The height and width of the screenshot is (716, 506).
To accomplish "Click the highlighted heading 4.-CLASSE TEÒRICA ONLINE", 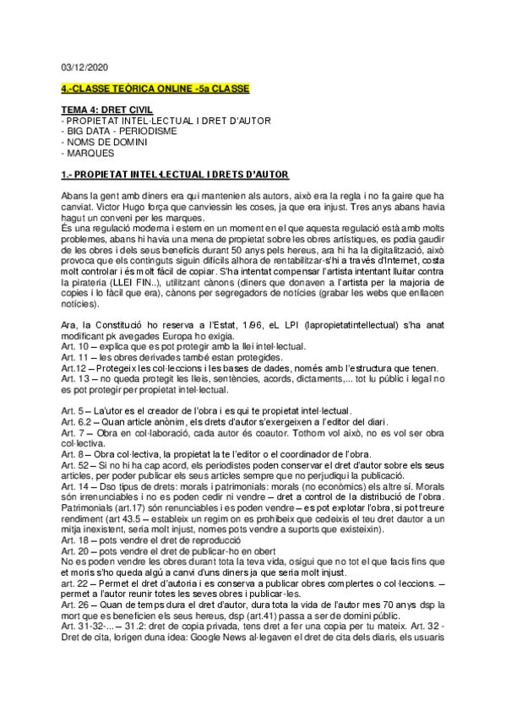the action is (155, 89).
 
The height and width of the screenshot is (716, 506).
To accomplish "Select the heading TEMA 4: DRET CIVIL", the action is (106, 111).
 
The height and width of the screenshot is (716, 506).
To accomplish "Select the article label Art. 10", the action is (74, 347).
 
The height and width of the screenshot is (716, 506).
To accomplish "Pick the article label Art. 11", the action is (74, 357).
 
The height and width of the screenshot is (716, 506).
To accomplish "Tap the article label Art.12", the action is (73, 368).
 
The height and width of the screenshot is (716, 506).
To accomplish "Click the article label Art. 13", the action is (74, 379).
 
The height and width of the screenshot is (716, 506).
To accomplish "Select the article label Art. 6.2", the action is (76, 421).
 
